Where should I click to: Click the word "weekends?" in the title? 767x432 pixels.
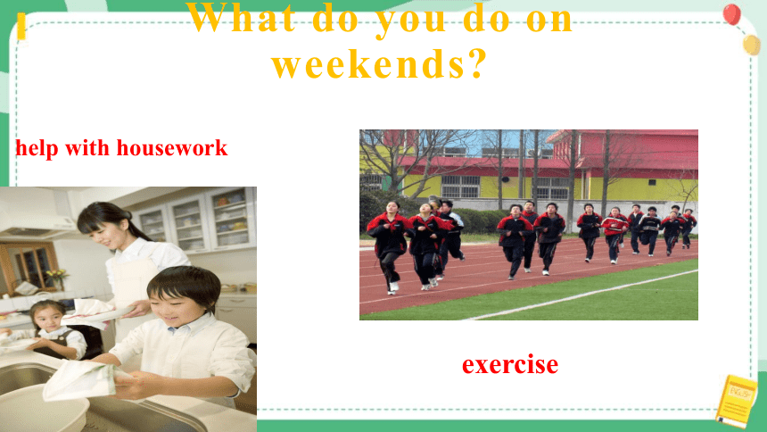[x=380, y=63]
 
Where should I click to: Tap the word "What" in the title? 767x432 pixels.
[x=242, y=19]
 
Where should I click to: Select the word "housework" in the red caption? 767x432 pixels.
[x=172, y=147]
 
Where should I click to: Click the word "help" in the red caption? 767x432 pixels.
[x=37, y=148]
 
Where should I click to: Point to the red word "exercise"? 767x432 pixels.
[x=510, y=364]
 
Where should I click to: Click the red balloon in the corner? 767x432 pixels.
[x=732, y=13]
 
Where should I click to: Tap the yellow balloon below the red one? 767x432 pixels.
[x=752, y=45]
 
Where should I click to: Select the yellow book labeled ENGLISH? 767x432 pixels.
[x=735, y=401]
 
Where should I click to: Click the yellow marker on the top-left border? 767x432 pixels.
[x=21, y=27]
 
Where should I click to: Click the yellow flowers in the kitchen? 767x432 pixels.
[x=57, y=275]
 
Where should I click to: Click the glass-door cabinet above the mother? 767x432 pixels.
[x=196, y=221]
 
